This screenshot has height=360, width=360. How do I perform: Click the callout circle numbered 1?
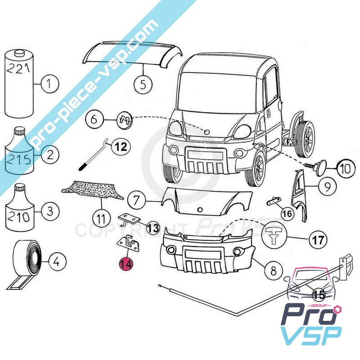(50, 83)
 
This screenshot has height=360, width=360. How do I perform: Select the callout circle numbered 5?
(143, 84)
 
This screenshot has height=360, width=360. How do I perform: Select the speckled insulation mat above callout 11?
(92, 192)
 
